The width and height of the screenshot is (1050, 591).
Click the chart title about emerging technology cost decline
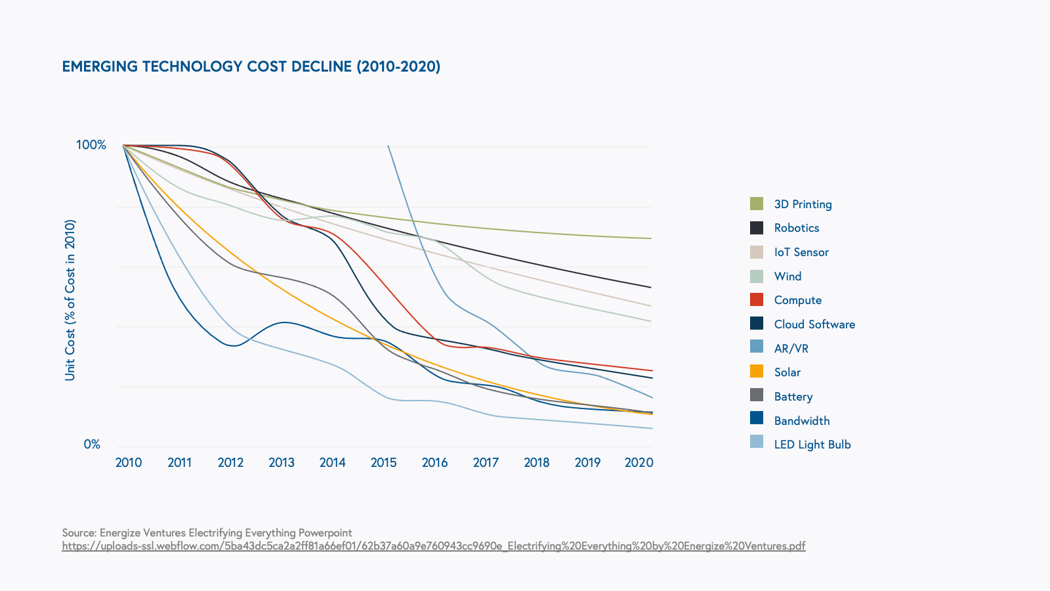click(x=251, y=66)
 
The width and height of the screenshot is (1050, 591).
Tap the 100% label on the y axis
click(x=91, y=144)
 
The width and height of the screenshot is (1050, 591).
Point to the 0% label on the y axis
click(x=92, y=445)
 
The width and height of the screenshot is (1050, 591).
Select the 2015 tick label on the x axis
click(x=384, y=462)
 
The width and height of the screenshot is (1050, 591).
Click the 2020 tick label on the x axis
click(x=639, y=462)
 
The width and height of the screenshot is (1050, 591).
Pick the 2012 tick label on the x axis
click(x=230, y=462)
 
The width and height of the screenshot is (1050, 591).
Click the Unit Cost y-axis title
click(x=70, y=300)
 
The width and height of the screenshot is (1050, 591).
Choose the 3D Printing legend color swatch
click(x=757, y=204)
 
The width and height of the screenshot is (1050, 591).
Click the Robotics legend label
click(x=797, y=228)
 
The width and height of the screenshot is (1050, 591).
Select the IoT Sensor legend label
click(x=801, y=252)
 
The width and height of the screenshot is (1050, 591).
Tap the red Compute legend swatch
click(x=757, y=299)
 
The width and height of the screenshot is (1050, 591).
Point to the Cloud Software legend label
click(x=814, y=324)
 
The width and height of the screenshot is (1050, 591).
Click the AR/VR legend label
click(x=791, y=349)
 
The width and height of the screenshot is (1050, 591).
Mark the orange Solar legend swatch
click(x=757, y=372)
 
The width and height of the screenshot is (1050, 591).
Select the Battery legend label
click(x=793, y=397)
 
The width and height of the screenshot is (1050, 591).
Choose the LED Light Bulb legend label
click(x=812, y=445)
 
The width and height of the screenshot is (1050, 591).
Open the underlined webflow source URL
click(x=433, y=546)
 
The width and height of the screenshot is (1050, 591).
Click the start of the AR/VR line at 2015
click(x=388, y=146)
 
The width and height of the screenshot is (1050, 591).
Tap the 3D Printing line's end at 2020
click(x=650, y=238)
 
